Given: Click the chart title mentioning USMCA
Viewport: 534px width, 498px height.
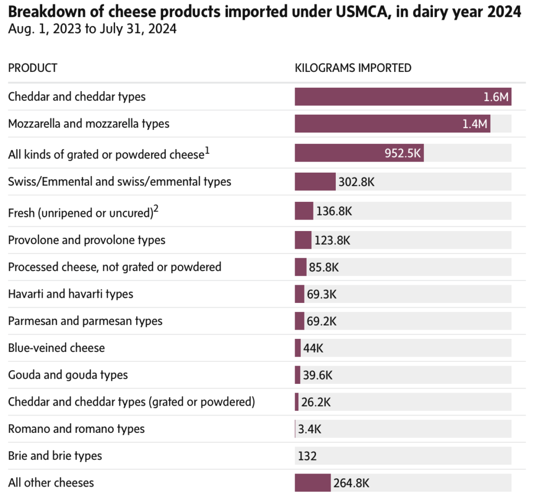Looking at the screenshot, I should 264,12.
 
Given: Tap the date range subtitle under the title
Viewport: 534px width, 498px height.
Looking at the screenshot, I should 92,29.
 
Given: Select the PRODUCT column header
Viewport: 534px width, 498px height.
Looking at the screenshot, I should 33,68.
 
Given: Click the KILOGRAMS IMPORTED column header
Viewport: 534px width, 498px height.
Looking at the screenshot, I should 353,68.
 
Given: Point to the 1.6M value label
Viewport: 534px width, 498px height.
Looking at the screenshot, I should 495,97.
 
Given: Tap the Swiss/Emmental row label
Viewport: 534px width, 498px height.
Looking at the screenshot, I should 119,181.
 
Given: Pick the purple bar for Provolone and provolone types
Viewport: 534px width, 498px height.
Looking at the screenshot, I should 303,240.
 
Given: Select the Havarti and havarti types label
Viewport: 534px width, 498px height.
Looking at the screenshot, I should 70,294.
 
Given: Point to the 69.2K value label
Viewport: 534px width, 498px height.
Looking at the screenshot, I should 322,321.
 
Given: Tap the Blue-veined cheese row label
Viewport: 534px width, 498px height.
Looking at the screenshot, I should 56,348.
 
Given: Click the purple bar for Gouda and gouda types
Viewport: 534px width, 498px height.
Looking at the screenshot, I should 297,375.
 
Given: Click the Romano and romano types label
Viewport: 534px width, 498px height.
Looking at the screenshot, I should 76,429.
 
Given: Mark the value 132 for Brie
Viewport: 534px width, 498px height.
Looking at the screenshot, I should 307,456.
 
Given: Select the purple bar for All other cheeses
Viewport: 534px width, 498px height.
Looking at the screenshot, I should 312,482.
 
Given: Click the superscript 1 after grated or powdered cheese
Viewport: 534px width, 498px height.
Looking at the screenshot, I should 207,151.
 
